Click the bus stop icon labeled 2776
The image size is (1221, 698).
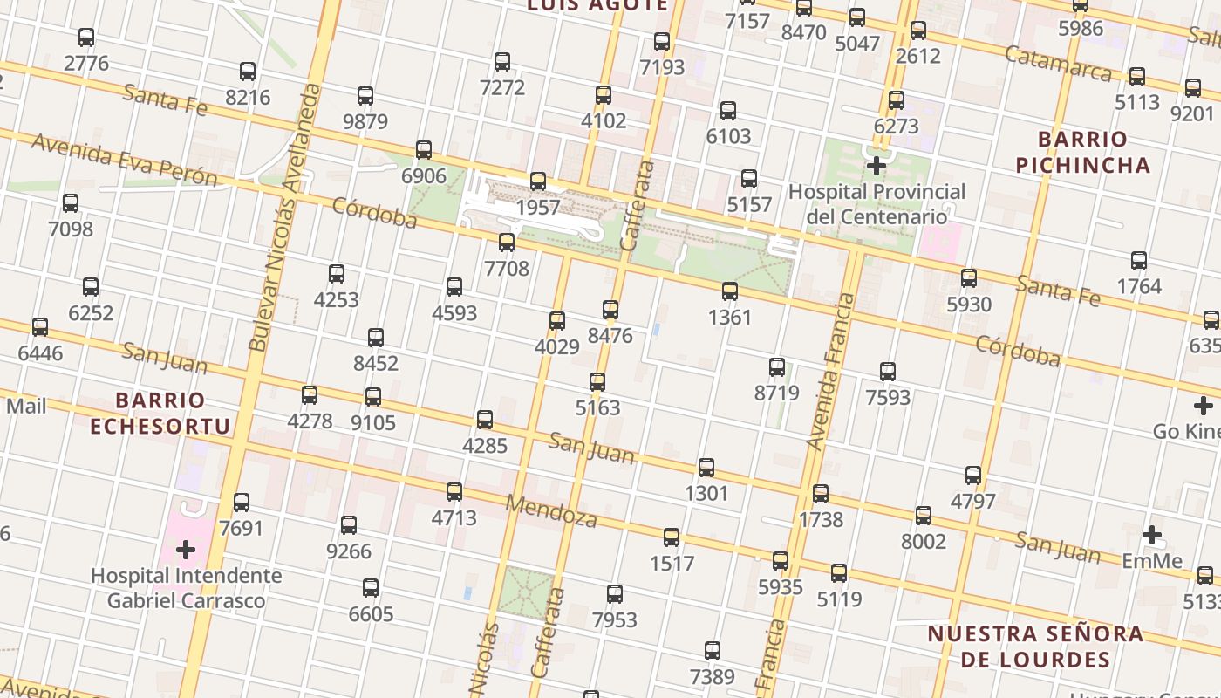coord(86,38)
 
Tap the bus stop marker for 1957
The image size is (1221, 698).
coord(538,181)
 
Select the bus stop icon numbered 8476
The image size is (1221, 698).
coord(610,310)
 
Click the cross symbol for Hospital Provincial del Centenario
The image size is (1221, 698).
coord(876,165)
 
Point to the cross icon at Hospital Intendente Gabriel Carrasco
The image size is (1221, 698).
coord(185,550)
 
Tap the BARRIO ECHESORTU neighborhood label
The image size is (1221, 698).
coord(160,414)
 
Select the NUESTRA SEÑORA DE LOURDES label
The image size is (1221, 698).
coord(1034,646)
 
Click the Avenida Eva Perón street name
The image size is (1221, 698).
coord(125,160)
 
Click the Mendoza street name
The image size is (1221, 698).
coord(551,511)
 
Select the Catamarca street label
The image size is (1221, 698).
coord(1058,63)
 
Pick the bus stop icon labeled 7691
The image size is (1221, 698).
coord(242,503)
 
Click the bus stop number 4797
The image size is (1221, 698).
coord(973,502)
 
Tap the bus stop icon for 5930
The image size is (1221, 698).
coord(969,278)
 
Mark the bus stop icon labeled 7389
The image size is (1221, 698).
coord(713,651)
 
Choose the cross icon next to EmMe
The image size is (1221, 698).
coord(1152,534)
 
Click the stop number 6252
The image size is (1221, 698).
coord(91,312)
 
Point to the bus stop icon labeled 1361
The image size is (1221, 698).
coord(730,291)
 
